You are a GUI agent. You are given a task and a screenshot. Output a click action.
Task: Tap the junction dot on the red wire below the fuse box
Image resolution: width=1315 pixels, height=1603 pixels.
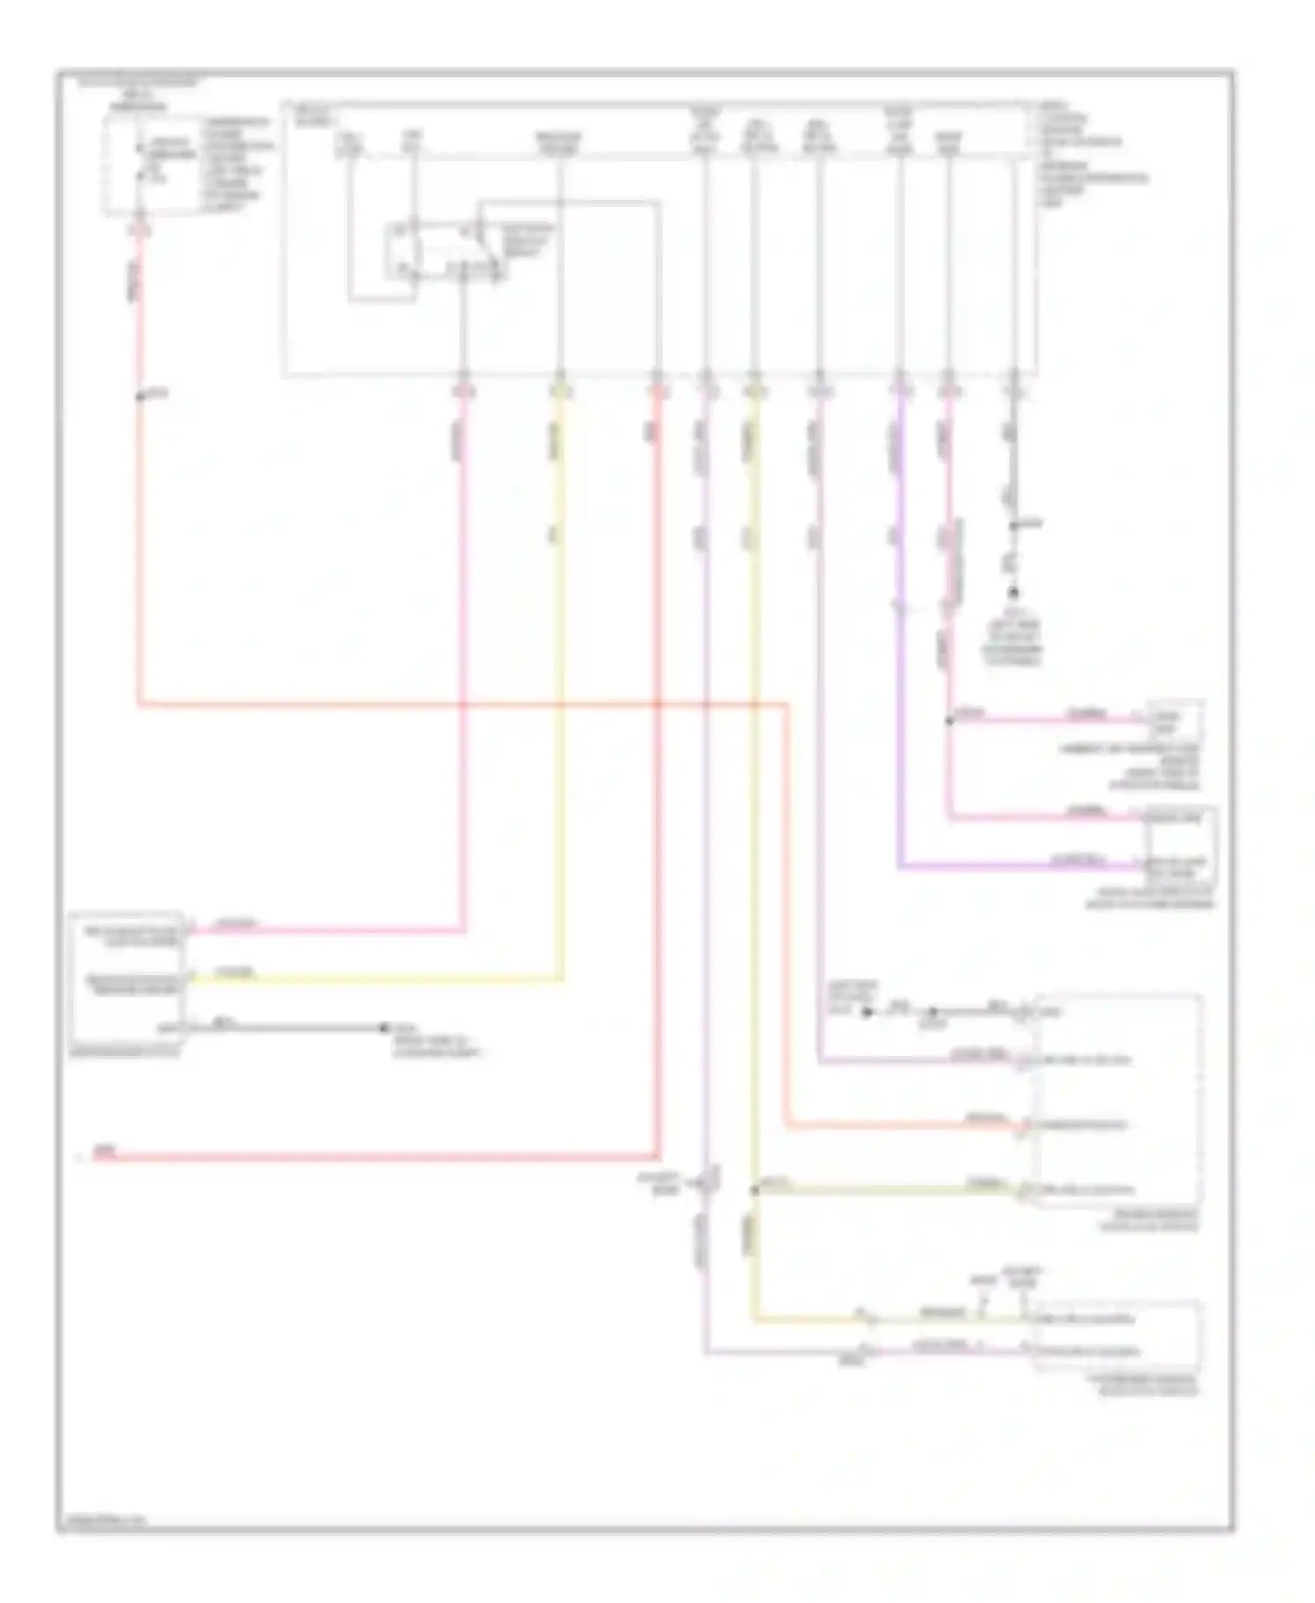coord(139,397)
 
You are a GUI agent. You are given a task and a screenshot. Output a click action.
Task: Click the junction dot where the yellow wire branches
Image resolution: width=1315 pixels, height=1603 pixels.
coord(754,1190)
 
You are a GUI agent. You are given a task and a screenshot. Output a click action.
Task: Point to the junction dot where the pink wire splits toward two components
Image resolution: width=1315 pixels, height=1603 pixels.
coord(949,721)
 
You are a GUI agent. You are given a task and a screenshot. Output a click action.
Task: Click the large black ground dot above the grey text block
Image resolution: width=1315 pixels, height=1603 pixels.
coord(1013,593)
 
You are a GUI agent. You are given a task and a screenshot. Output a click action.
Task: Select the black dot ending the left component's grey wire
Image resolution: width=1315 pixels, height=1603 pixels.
coord(383,1028)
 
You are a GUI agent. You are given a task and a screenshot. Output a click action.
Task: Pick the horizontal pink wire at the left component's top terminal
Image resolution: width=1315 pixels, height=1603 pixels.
coord(324,930)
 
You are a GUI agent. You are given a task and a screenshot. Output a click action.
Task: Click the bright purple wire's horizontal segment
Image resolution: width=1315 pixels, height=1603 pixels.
coord(1017,866)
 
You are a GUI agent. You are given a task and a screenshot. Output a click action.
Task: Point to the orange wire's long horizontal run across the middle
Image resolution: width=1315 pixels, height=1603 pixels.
coord(456,703)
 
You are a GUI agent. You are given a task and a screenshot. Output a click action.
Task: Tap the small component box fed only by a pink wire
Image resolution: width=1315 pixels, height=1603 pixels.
coord(1176,722)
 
